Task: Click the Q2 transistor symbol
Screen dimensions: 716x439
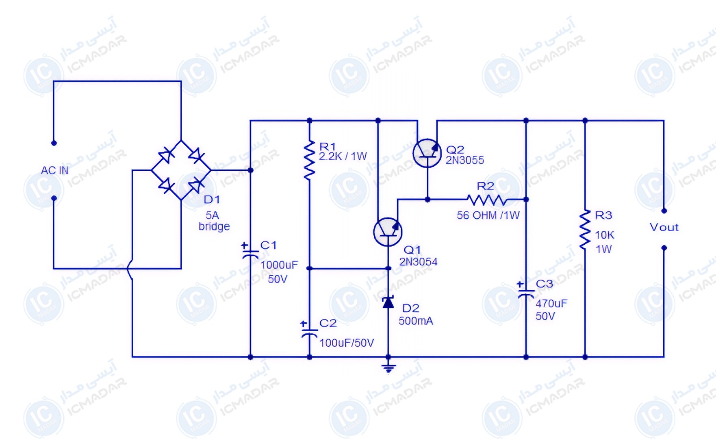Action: pyautogui.click(x=427, y=153)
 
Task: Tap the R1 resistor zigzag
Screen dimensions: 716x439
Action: pyautogui.click(x=310, y=160)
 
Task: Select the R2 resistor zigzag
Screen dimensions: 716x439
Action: pyautogui.click(x=487, y=200)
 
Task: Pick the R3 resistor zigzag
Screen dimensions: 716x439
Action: pyautogui.click(x=585, y=229)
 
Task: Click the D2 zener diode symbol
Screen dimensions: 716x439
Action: pyautogui.click(x=388, y=302)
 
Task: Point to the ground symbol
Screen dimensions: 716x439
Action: pyautogui.click(x=388, y=368)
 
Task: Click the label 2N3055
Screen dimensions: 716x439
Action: pyautogui.click(x=465, y=161)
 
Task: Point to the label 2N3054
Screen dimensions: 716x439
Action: pyautogui.click(x=418, y=262)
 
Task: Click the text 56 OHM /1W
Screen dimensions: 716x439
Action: pyautogui.click(x=488, y=215)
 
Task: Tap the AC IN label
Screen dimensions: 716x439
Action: pyautogui.click(x=54, y=170)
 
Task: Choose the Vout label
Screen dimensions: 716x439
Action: pyautogui.click(x=664, y=227)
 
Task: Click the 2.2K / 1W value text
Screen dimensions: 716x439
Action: pyautogui.click(x=343, y=156)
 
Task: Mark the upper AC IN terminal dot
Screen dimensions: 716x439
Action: pyautogui.click(x=54, y=143)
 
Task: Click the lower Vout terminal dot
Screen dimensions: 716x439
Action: pyautogui.click(x=664, y=248)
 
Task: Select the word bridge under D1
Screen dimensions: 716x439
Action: pyautogui.click(x=214, y=226)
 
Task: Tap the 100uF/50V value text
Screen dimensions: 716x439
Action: pyautogui.click(x=347, y=343)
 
